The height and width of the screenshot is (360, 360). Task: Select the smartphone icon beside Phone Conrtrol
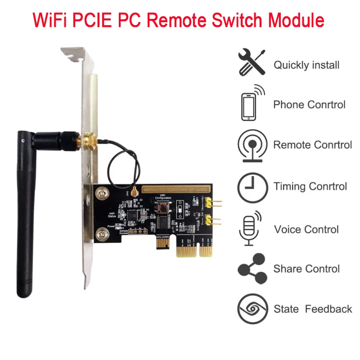pos(249,106)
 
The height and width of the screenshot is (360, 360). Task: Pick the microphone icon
pos(249,229)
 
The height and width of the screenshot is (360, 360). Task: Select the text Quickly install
pos(306,65)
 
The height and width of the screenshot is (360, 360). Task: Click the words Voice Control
pos(306,229)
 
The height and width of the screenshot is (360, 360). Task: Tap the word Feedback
pos(328,309)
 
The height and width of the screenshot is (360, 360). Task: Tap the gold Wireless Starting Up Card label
pos(174,190)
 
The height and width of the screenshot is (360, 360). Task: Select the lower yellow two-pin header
pos(215,220)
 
